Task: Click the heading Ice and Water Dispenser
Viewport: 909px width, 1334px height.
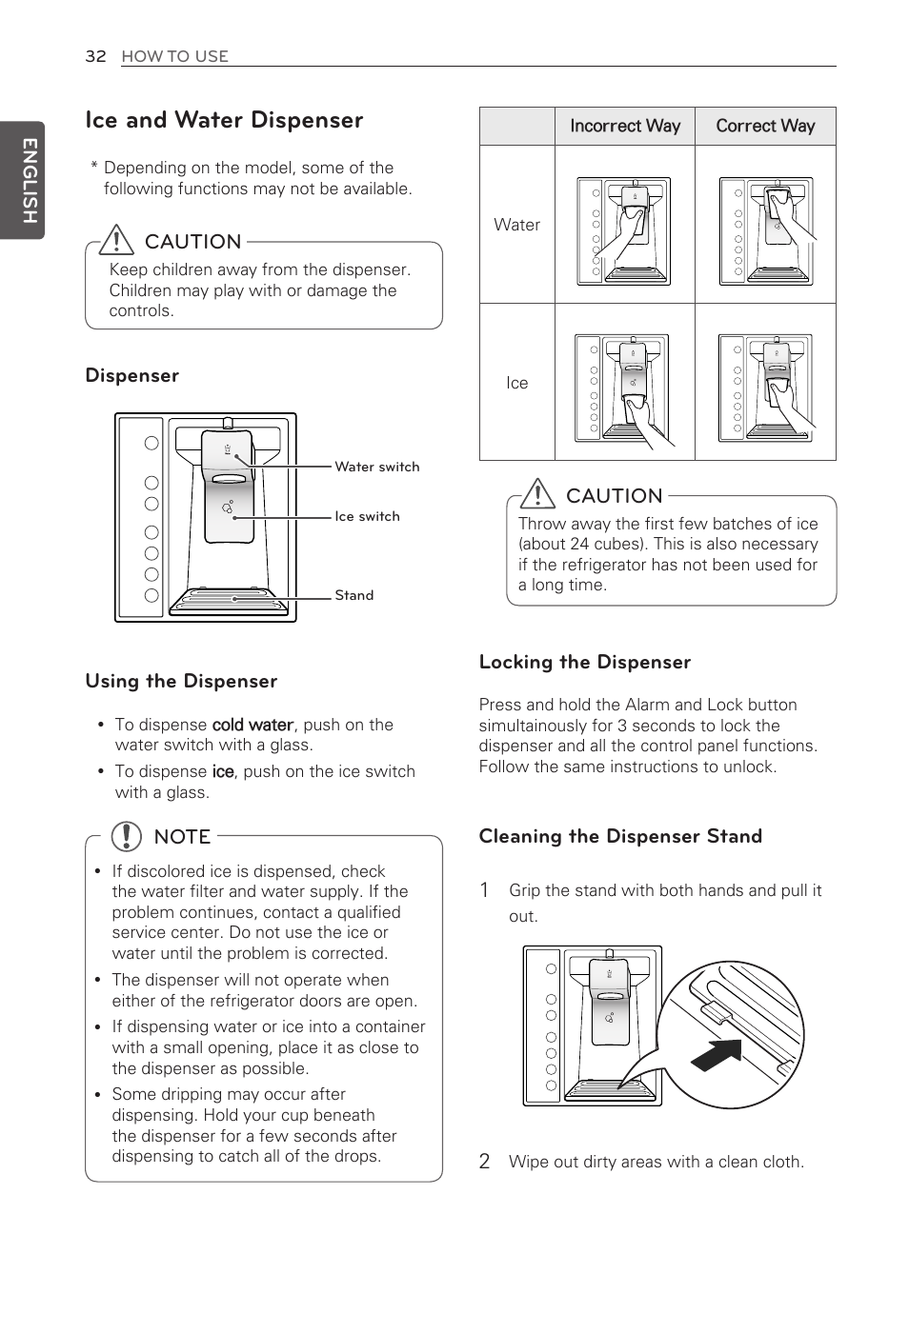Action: pyautogui.click(x=224, y=120)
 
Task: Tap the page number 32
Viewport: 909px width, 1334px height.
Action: pyautogui.click(x=95, y=56)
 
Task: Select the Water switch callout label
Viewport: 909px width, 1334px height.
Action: pyautogui.click(x=376, y=467)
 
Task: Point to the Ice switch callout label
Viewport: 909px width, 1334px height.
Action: pyautogui.click(x=367, y=516)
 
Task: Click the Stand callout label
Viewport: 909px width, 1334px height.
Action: pyautogui.click(x=353, y=595)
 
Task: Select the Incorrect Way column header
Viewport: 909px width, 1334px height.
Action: pyautogui.click(x=625, y=126)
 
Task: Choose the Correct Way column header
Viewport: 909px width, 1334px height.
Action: pyautogui.click(x=765, y=126)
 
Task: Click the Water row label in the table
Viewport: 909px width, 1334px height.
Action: pyautogui.click(x=516, y=225)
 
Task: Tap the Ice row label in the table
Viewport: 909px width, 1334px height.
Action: pyautogui.click(x=516, y=383)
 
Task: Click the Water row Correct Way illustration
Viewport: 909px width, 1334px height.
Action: pyautogui.click(x=766, y=230)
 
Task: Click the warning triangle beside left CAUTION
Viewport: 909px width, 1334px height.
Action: pyautogui.click(x=116, y=239)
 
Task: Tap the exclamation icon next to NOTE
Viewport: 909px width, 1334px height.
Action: pyautogui.click(x=126, y=836)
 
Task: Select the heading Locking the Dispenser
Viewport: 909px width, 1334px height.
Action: pyautogui.click(x=584, y=662)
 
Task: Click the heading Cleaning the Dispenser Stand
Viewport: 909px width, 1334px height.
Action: pyautogui.click(x=620, y=836)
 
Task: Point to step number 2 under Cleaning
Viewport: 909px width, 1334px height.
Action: pyautogui.click(x=485, y=1161)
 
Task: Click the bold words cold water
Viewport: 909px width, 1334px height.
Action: pyautogui.click(x=252, y=725)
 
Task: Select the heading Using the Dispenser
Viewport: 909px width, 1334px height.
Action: pyautogui.click(x=181, y=681)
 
